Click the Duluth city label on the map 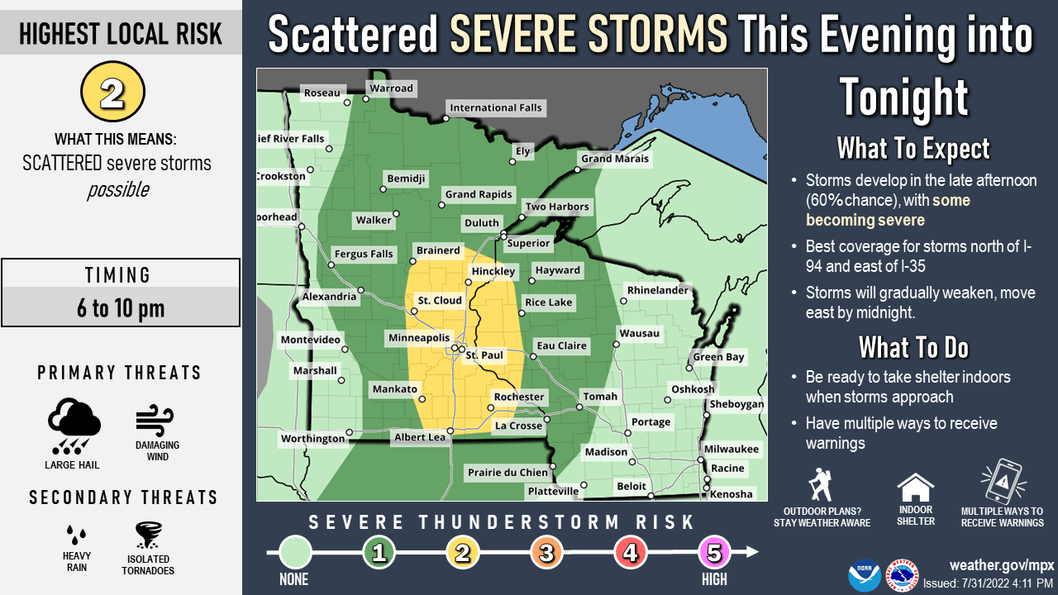(481, 222)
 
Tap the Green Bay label (718, 357)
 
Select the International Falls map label (495, 107)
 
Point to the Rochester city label (519, 397)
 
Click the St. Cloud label (439, 300)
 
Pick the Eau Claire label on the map (561, 345)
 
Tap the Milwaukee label (730, 448)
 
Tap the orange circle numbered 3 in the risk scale (546, 553)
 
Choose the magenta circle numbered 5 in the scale (715, 553)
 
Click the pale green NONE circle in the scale (295, 553)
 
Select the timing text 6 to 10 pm (121, 308)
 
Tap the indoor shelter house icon (915, 488)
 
